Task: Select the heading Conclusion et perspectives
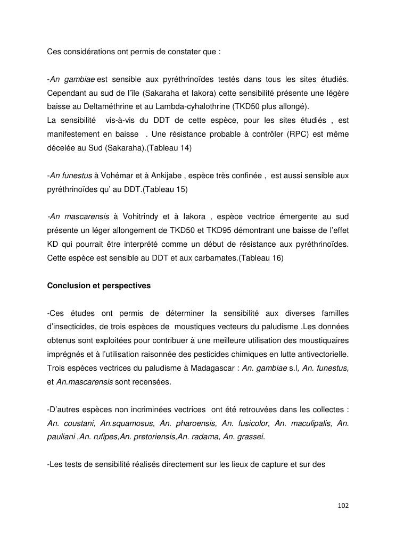[99, 286]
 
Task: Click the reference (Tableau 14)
[169, 148]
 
